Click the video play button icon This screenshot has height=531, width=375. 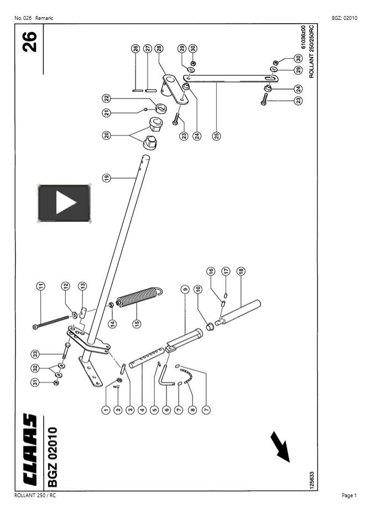pos(64,203)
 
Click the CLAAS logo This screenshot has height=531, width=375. pos(30,450)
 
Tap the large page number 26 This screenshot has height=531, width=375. pos(30,41)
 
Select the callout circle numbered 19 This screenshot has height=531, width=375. pos(107,178)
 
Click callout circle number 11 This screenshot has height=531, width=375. pos(40,286)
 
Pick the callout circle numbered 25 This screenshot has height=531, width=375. pos(217,136)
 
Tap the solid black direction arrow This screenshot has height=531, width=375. pos(280,447)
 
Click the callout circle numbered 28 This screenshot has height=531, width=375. pos(159,49)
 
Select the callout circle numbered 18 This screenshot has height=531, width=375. pos(241,271)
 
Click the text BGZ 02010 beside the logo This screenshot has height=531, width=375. pos(52,457)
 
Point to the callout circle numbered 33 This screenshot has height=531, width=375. pos(35,354)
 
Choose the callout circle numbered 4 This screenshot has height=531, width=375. pos(142,410)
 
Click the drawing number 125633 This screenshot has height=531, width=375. pos(311,481)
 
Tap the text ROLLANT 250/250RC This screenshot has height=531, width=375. pos(311,51)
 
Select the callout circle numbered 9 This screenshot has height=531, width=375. pos(185,289)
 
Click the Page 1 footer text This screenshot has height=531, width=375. pos(349,496)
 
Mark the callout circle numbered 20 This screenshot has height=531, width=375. pos(107,136)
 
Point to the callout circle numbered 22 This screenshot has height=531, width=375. pos(107,98)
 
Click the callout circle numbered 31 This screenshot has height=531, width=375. pos(35,382)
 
